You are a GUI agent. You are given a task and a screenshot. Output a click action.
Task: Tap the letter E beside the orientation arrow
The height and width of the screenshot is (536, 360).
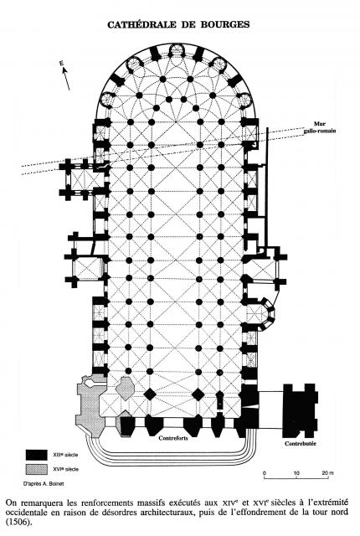click(x=61, y=63)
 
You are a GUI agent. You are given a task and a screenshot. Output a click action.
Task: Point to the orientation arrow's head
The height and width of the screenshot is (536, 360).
click(x=64, y=70)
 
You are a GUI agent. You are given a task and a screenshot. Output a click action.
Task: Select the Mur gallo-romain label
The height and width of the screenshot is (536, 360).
click(x=320, y=127)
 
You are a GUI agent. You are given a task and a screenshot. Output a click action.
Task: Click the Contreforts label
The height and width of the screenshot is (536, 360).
click(x=173, y=438)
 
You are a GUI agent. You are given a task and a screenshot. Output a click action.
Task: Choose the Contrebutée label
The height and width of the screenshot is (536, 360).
click(x=301, y=443)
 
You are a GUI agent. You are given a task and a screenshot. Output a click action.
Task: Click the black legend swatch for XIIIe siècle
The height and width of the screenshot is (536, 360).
click(x=37, y=455)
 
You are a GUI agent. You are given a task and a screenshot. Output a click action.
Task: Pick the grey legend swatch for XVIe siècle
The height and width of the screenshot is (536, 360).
click(x=37, y=469)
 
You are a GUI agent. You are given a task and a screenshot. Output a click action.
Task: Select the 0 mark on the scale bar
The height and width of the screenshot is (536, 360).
click(x=265, y=473)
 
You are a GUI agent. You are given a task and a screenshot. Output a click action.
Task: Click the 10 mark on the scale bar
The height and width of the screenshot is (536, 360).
click(x=296, y=473)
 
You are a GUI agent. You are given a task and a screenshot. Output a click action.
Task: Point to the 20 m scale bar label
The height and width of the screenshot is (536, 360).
click(x=328, y=473)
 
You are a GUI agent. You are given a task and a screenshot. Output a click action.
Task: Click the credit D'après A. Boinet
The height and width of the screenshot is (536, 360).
click(x=39, y=484)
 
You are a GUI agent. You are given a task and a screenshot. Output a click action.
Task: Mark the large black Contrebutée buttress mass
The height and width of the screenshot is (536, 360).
click(x=301, y=410)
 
